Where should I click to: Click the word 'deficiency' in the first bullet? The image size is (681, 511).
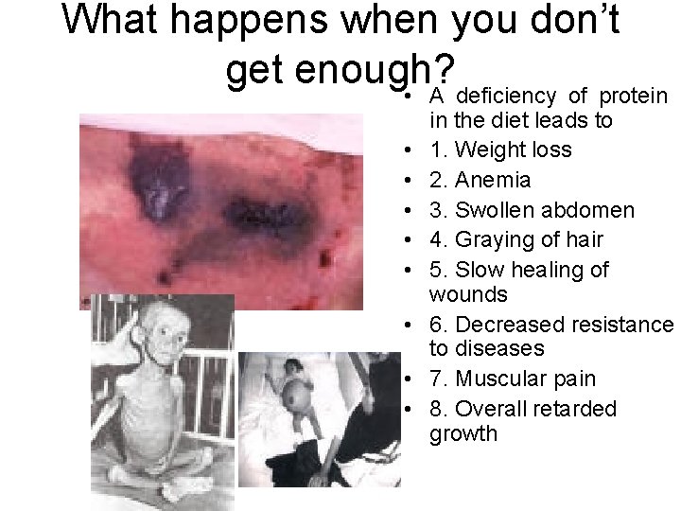pyautogui.click(x=508, y=96)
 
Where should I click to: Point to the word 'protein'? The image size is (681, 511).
pyautogui.click(x=635, y=96)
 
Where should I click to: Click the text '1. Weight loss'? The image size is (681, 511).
pyautogui.click(x=499, y=150)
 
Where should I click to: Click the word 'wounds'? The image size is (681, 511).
pyautogui.click(x=468, y=294)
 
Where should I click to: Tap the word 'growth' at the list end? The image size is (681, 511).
pyautogui.click(x=463, y=434)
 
